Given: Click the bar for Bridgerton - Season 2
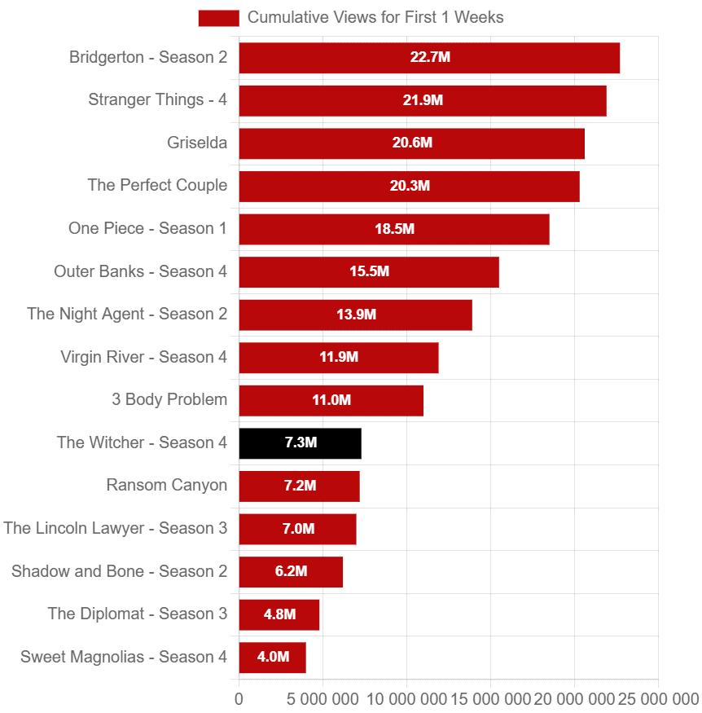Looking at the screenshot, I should (429, 58).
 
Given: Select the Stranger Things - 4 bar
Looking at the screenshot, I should (423, 100).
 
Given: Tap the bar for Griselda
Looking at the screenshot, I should (411, 143).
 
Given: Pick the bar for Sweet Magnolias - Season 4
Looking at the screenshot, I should (272, 658).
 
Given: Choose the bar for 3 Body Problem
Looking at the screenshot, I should (331, 400).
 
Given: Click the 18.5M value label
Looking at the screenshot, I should (394, 229).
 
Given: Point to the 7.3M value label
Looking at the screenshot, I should (301, 443).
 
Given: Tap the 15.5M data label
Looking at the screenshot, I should (369, 271).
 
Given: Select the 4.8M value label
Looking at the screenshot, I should (279, 614).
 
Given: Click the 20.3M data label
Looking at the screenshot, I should (410, 186).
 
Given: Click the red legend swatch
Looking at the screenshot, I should (218, 18).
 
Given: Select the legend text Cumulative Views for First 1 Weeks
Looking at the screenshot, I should (375, 17).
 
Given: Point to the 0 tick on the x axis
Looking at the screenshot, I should (239, 699).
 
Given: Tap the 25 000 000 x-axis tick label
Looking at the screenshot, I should (658, 699).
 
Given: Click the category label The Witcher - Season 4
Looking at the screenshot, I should (142, 442).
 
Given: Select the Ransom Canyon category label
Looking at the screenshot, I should (167, 486).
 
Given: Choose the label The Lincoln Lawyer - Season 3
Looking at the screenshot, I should (116, 528).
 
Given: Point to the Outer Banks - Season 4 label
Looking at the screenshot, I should (141, 271).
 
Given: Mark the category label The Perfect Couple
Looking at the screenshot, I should (157, 186).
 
